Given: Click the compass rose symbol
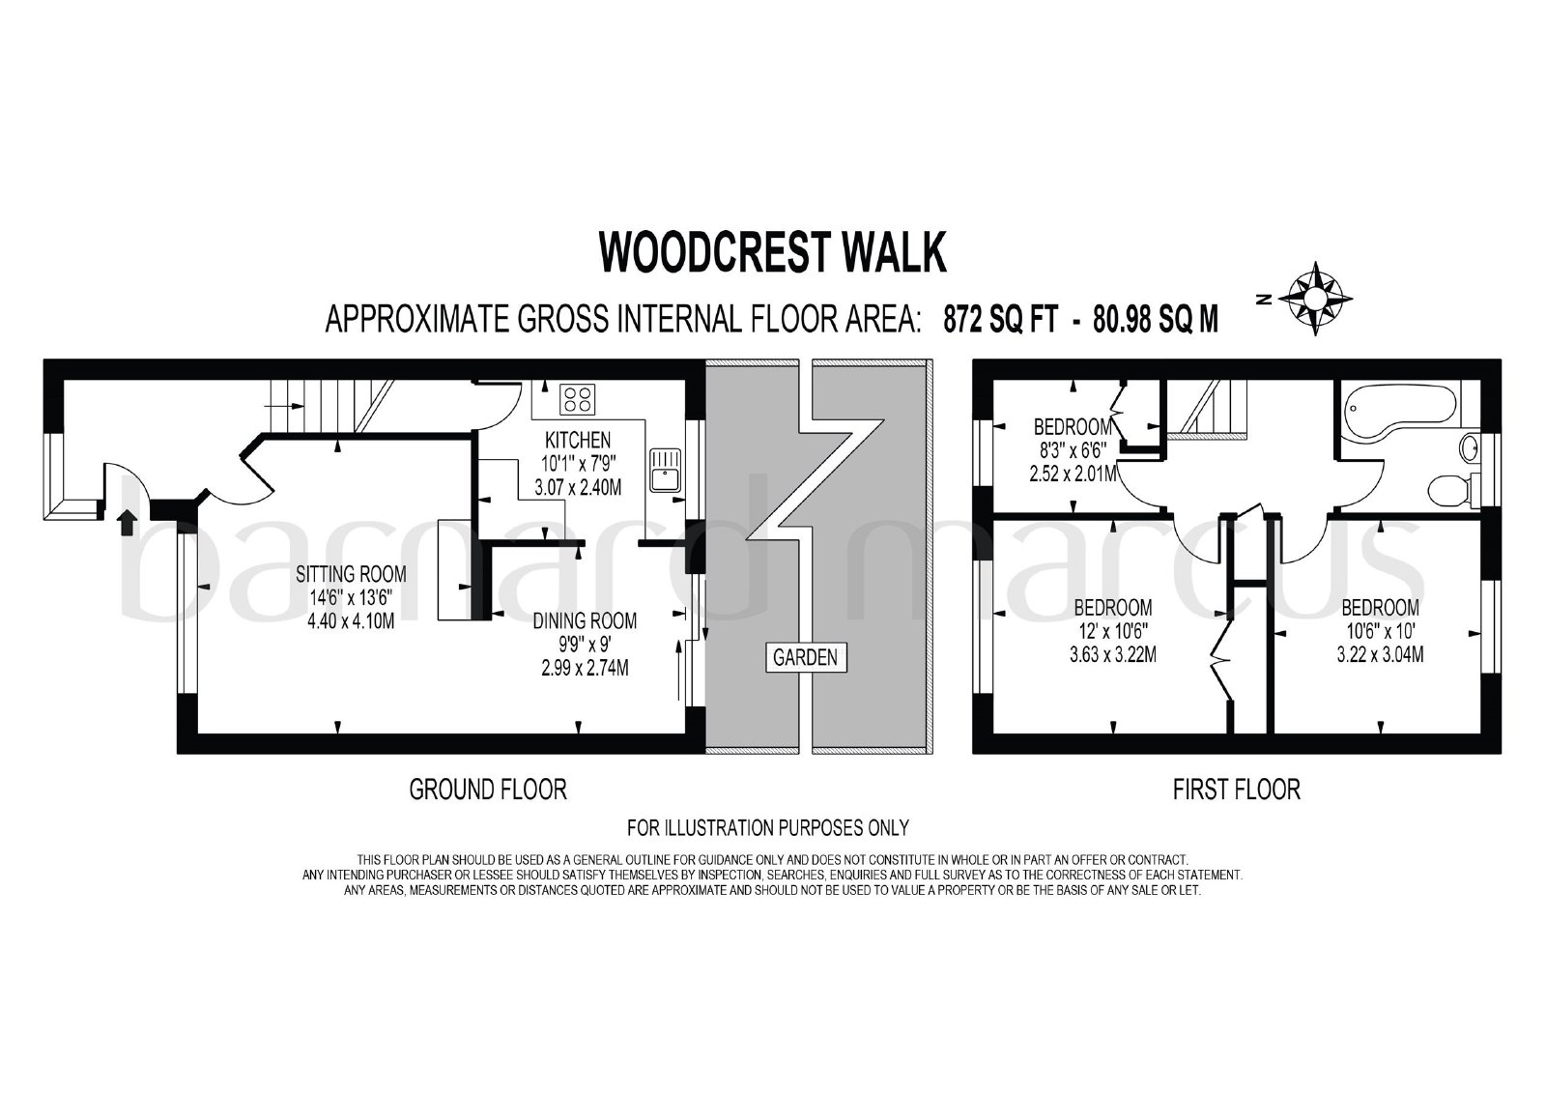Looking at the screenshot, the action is pos(1315,299).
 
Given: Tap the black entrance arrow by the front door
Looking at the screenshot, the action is pos(127,523).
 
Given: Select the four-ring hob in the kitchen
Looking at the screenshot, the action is pos(577,398).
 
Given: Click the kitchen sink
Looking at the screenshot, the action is pos(666,471).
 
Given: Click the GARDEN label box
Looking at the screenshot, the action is pos(806,657).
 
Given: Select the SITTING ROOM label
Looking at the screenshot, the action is pos(352,574).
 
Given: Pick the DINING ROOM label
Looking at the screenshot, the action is pos(585,620).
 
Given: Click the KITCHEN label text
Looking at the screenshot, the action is pos(578,440).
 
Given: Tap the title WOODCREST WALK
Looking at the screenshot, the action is pos(772,252).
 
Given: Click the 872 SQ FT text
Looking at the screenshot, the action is pos(1000,320).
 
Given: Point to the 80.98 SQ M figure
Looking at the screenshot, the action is pos(1156,320).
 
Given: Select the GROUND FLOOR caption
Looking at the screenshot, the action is pos(488,790).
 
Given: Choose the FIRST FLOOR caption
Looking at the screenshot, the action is pos(1237,790).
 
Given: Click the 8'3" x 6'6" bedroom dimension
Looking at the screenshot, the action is pos(1074,450).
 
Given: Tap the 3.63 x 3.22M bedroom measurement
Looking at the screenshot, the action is pos(1113,654).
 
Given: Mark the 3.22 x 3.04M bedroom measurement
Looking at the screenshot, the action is pos(1381,654).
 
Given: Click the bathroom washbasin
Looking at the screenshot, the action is pos(1470,448).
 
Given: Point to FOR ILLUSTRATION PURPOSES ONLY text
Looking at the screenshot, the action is pos(768,827).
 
